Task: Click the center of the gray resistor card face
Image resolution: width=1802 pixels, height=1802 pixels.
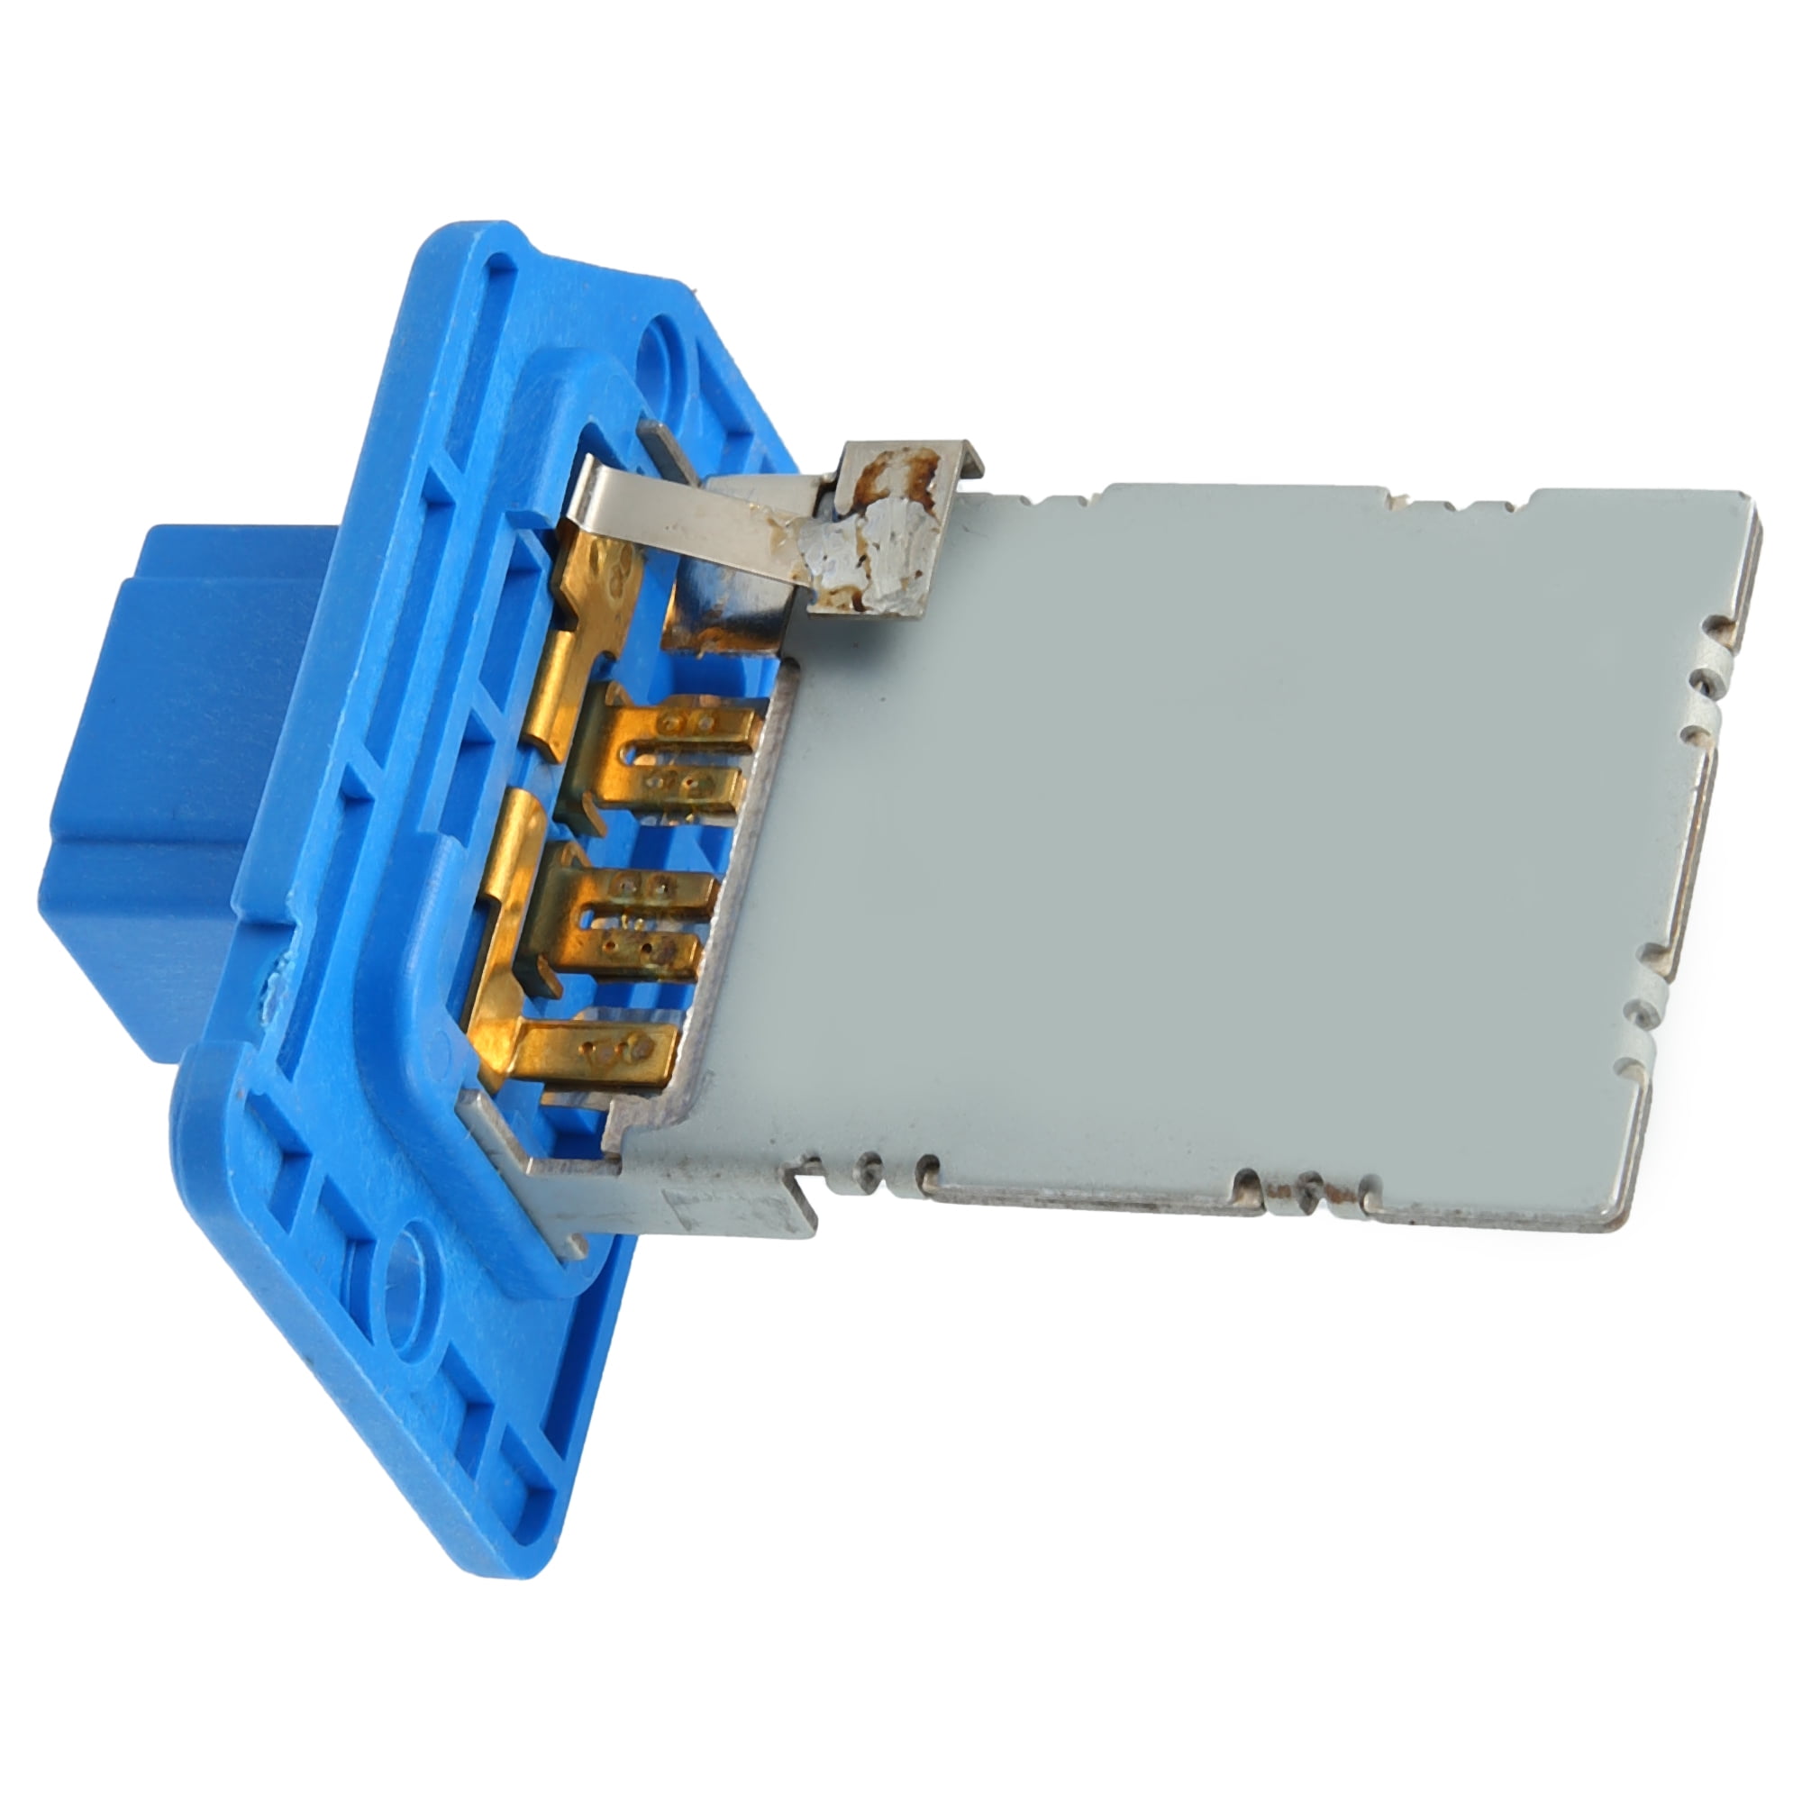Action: tap(1213, 840)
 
